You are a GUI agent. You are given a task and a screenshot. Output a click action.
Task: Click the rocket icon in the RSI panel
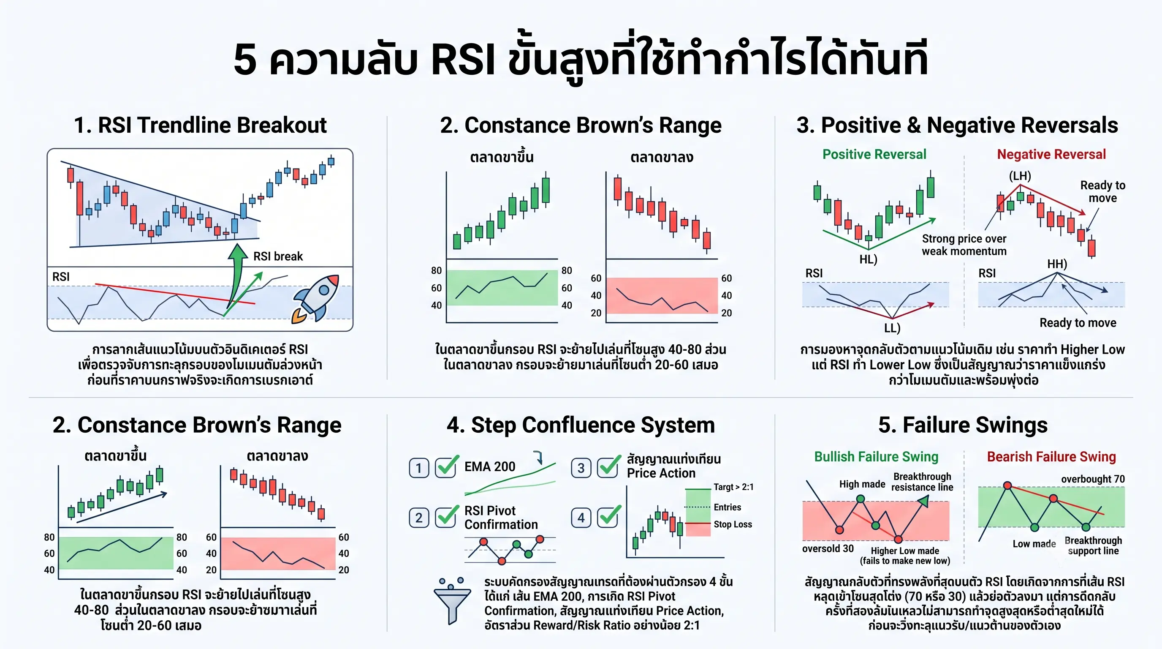pos(315,299)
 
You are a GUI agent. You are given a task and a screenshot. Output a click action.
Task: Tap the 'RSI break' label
pos(278,256)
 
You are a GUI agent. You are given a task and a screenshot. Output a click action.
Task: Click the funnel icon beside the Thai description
pos(452,601)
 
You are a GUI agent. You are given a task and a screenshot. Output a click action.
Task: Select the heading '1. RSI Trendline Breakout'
pos(200,125)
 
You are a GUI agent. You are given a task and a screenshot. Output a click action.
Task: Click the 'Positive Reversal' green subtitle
pos(874,154)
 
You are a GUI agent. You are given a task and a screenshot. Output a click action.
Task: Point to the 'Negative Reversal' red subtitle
pos(1051,154)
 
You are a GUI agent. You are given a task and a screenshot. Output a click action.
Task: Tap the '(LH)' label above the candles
pos(1020,176)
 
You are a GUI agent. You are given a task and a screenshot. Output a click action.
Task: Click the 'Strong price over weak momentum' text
pos(964,245)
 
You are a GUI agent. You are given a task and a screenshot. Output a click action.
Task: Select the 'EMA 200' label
pos(490,466)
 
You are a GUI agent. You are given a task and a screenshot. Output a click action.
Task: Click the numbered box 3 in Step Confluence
pos(581,468)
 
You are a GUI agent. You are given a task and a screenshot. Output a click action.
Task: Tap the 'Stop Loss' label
pos(733,524)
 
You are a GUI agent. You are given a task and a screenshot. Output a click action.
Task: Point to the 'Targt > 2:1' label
pos(733,487)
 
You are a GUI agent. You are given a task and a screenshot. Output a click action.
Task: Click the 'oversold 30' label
pos(828,549)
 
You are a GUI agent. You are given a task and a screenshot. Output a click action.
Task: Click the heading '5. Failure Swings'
pos(963,425)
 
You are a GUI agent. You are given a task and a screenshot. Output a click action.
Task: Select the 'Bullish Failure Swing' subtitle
pos(876,457)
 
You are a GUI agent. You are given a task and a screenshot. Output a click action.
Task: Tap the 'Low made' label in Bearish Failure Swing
pos(1034,544)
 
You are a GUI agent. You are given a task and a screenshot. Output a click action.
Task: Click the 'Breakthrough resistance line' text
pos(923,482)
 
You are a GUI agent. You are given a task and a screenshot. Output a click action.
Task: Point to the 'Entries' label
pos(727,507)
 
